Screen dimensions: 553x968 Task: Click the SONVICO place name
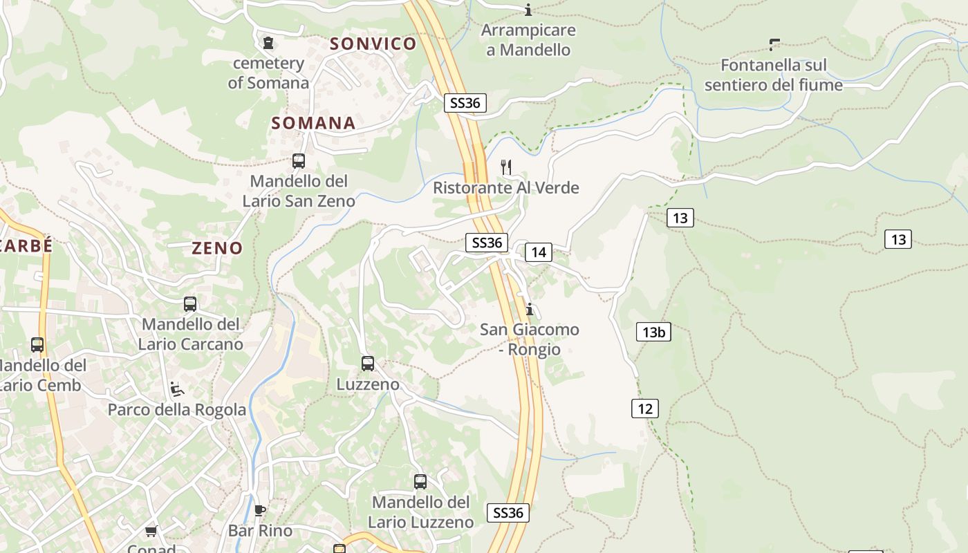373,44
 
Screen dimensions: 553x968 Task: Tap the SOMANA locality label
313,124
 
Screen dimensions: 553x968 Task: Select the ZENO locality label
217,248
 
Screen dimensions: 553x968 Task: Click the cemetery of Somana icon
268,44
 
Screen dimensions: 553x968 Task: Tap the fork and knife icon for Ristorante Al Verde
506,167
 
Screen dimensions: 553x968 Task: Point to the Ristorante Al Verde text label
506,188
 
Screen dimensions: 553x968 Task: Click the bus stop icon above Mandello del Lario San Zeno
299,161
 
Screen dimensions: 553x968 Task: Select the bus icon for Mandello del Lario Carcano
190,304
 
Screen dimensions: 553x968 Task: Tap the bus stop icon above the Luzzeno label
368,364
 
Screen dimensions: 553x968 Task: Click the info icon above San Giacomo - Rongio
530,309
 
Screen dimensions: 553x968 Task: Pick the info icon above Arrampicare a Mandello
529,10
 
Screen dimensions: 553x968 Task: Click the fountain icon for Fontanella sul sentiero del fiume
774,45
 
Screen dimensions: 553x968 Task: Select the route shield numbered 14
539,252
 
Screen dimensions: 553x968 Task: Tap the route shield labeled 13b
653,332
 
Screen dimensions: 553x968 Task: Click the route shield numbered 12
644,409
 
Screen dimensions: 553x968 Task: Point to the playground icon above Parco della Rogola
177,389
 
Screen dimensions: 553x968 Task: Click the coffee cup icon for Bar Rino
260,511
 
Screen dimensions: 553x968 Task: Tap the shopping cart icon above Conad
151,532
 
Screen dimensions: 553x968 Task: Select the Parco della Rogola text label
177,410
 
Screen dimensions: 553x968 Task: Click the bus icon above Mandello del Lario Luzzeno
420,482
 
